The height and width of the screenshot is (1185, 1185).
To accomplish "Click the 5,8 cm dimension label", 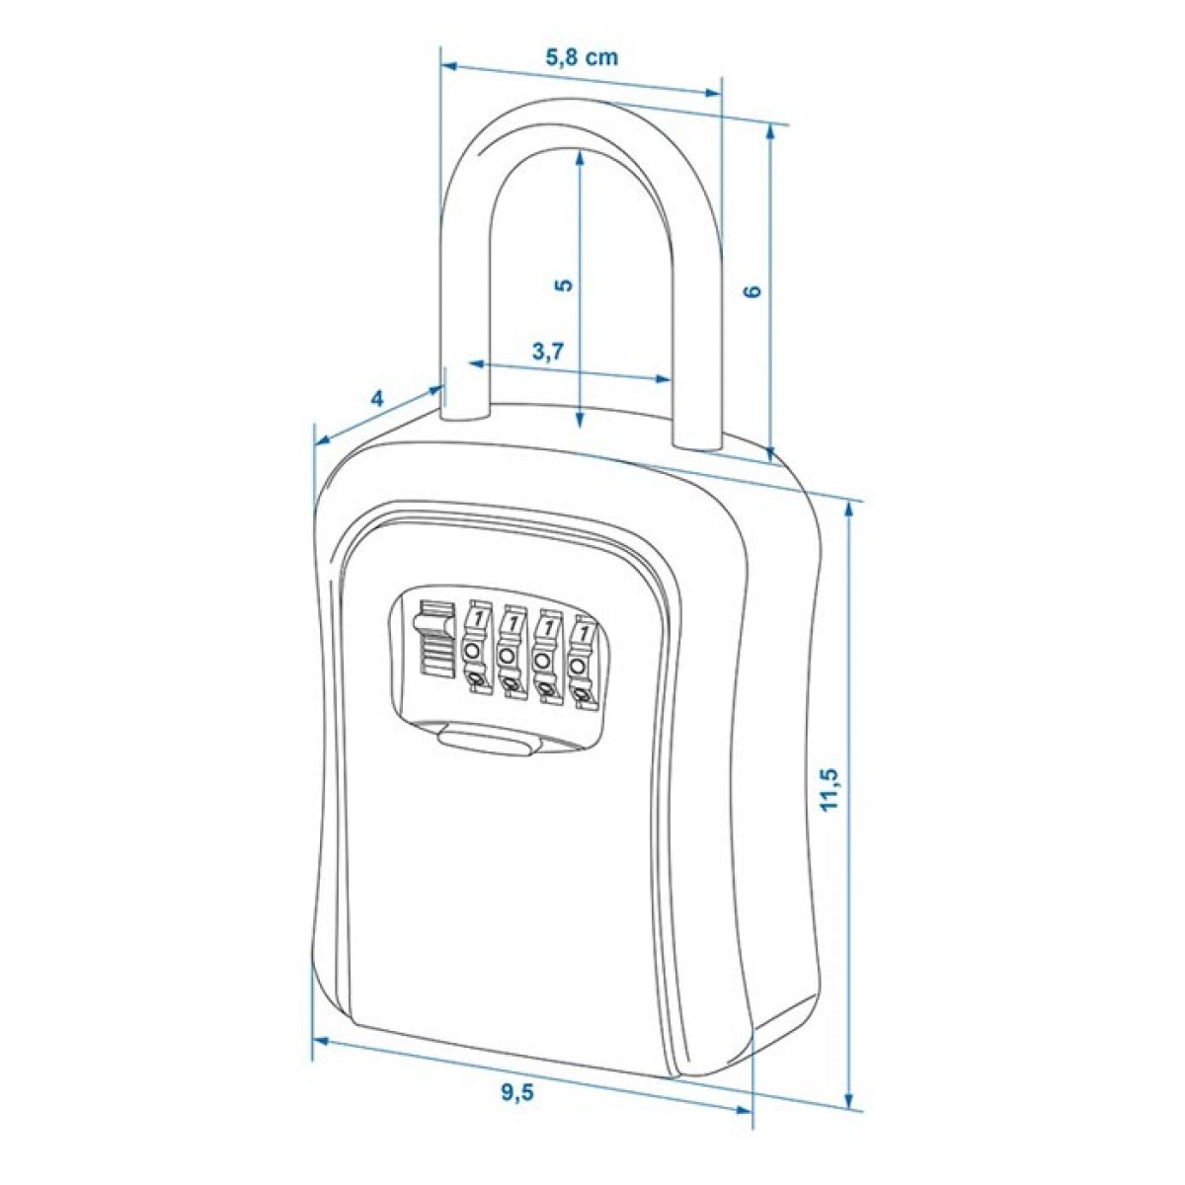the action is pos(582,57).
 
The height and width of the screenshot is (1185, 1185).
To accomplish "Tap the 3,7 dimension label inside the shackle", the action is pos(546,352).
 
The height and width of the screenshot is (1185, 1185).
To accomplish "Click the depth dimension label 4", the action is pos(377,399).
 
